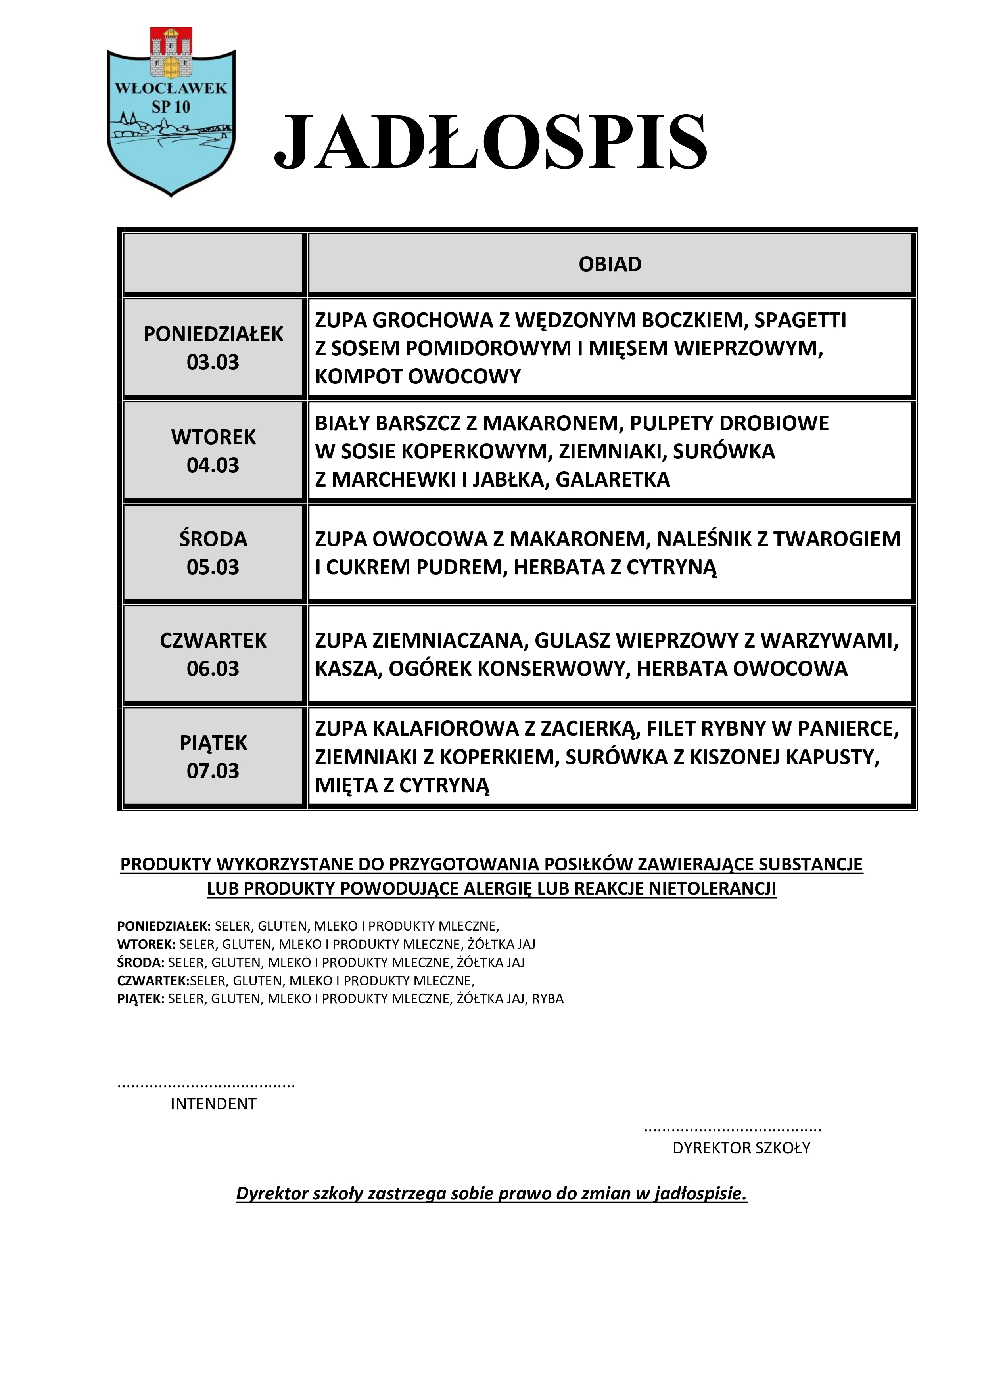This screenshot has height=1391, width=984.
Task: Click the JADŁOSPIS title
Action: pos(490,142)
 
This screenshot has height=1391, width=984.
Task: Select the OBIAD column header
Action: pos(610,264)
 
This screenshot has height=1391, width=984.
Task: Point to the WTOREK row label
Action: pos(213,437)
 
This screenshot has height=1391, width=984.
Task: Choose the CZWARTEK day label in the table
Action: pos(213,640)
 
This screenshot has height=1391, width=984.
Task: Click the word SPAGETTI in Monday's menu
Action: pos(800,320)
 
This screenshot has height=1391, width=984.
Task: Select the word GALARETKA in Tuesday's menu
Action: pos(613,479)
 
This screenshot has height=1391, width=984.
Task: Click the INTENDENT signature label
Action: pos(213,1104)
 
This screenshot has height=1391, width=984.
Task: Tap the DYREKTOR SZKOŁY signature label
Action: pos(741,1148)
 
